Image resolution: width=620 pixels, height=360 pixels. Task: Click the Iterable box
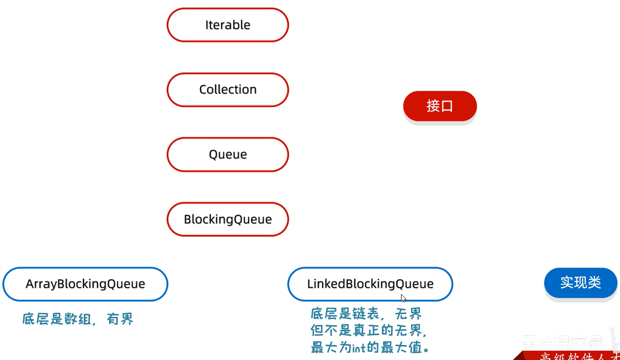(x=228, y=25)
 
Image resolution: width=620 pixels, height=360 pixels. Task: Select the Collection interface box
(x=228, y=90)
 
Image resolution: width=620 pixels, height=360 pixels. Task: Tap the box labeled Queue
(x=228, y=154)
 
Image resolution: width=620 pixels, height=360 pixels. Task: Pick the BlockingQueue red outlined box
(x=228, y=219)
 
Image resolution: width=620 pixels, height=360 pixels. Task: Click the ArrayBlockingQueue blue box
(x=85, y=284)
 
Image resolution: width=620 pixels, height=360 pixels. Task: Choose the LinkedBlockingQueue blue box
(x=370, y=284)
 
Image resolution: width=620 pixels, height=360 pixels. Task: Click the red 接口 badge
(x=440, y=106)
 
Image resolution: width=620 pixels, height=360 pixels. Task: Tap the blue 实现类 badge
(x=580, y=283)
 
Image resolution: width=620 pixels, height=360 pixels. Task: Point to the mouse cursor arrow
(x=403, y=298)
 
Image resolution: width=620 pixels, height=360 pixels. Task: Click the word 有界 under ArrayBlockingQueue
(x=120, y=319)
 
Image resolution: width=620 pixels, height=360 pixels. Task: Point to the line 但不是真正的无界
(x=369, y=330)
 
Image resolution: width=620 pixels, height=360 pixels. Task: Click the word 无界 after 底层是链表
(x=408, y=314)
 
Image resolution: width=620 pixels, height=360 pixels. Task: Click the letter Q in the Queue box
(x=213, y=154)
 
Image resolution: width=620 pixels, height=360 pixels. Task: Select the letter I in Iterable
(x=207, y=25)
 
